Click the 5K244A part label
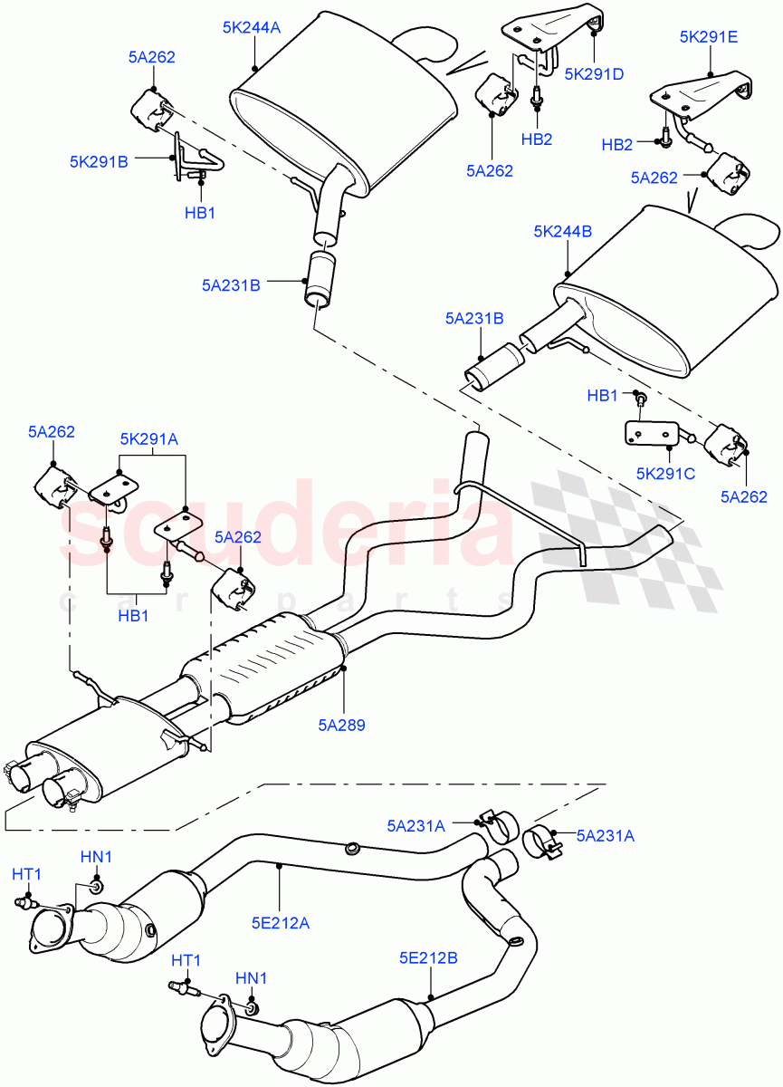pos(251,28)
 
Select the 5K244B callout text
pos(562,232)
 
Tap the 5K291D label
pos(594,74)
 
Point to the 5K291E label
pos(709,37)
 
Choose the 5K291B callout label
pos(99,162)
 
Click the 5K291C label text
pos(665,473)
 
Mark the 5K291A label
pos(148,438)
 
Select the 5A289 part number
pos(341,725)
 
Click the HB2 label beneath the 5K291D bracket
pos(536,139)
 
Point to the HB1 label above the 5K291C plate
pos(603,396)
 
